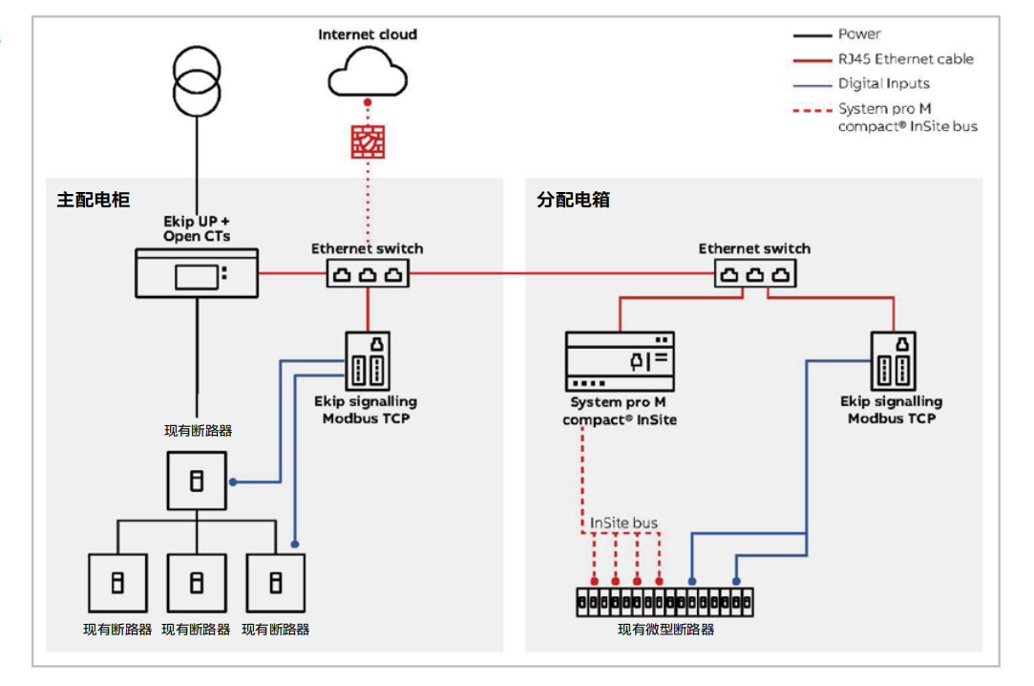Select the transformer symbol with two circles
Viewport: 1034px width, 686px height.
(197, 80)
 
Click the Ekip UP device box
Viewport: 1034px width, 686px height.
(197, 273)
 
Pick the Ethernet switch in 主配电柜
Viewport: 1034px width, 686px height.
(368, 274)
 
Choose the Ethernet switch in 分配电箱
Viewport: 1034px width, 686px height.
(755, 274)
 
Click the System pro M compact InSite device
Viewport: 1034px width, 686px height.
(620, 361)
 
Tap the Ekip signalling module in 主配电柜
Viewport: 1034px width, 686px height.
(368, 360)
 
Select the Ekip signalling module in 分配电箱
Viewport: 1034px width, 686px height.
(893, 360)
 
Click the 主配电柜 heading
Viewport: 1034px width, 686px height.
(93, 201)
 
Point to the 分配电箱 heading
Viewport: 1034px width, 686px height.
(573, 201)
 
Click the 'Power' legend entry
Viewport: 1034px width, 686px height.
(859, 34)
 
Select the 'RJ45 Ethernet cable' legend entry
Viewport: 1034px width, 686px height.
(905, 59)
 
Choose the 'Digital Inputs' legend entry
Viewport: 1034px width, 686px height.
(884, 84)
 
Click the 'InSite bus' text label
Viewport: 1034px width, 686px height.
(623, 524)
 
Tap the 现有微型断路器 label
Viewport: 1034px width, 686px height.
(665, 630)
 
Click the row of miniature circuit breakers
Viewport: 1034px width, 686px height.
(665, 602)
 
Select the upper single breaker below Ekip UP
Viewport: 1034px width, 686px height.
(197, 481)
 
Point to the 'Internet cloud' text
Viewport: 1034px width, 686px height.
(368, 34)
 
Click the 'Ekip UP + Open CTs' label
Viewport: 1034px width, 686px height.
(197, 228)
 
